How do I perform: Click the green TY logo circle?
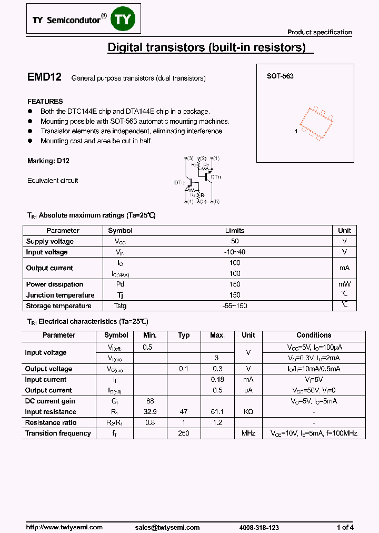[x=125, y=19]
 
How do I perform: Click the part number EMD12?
[x=44, y=77]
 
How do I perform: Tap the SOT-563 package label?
[x=280, y=76]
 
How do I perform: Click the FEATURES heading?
[x=45, y=101]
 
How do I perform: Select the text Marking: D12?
[x=48, y=161]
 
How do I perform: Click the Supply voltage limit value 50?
[x=235, y=241]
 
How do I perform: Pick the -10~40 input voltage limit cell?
[x=235, y=252]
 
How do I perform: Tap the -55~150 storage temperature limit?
[x=235, y=306]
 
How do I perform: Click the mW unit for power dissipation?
[x=344, y=284]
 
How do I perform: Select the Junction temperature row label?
[x=61, y=295]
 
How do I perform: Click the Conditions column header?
[x=314, y=335]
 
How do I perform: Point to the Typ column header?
[x=184, y=335]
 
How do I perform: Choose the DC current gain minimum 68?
[x=150, y=401]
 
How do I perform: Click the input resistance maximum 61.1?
[x=217, y=412]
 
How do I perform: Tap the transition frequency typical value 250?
[x=184, y=433]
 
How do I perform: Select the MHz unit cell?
[x=248, y=433]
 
